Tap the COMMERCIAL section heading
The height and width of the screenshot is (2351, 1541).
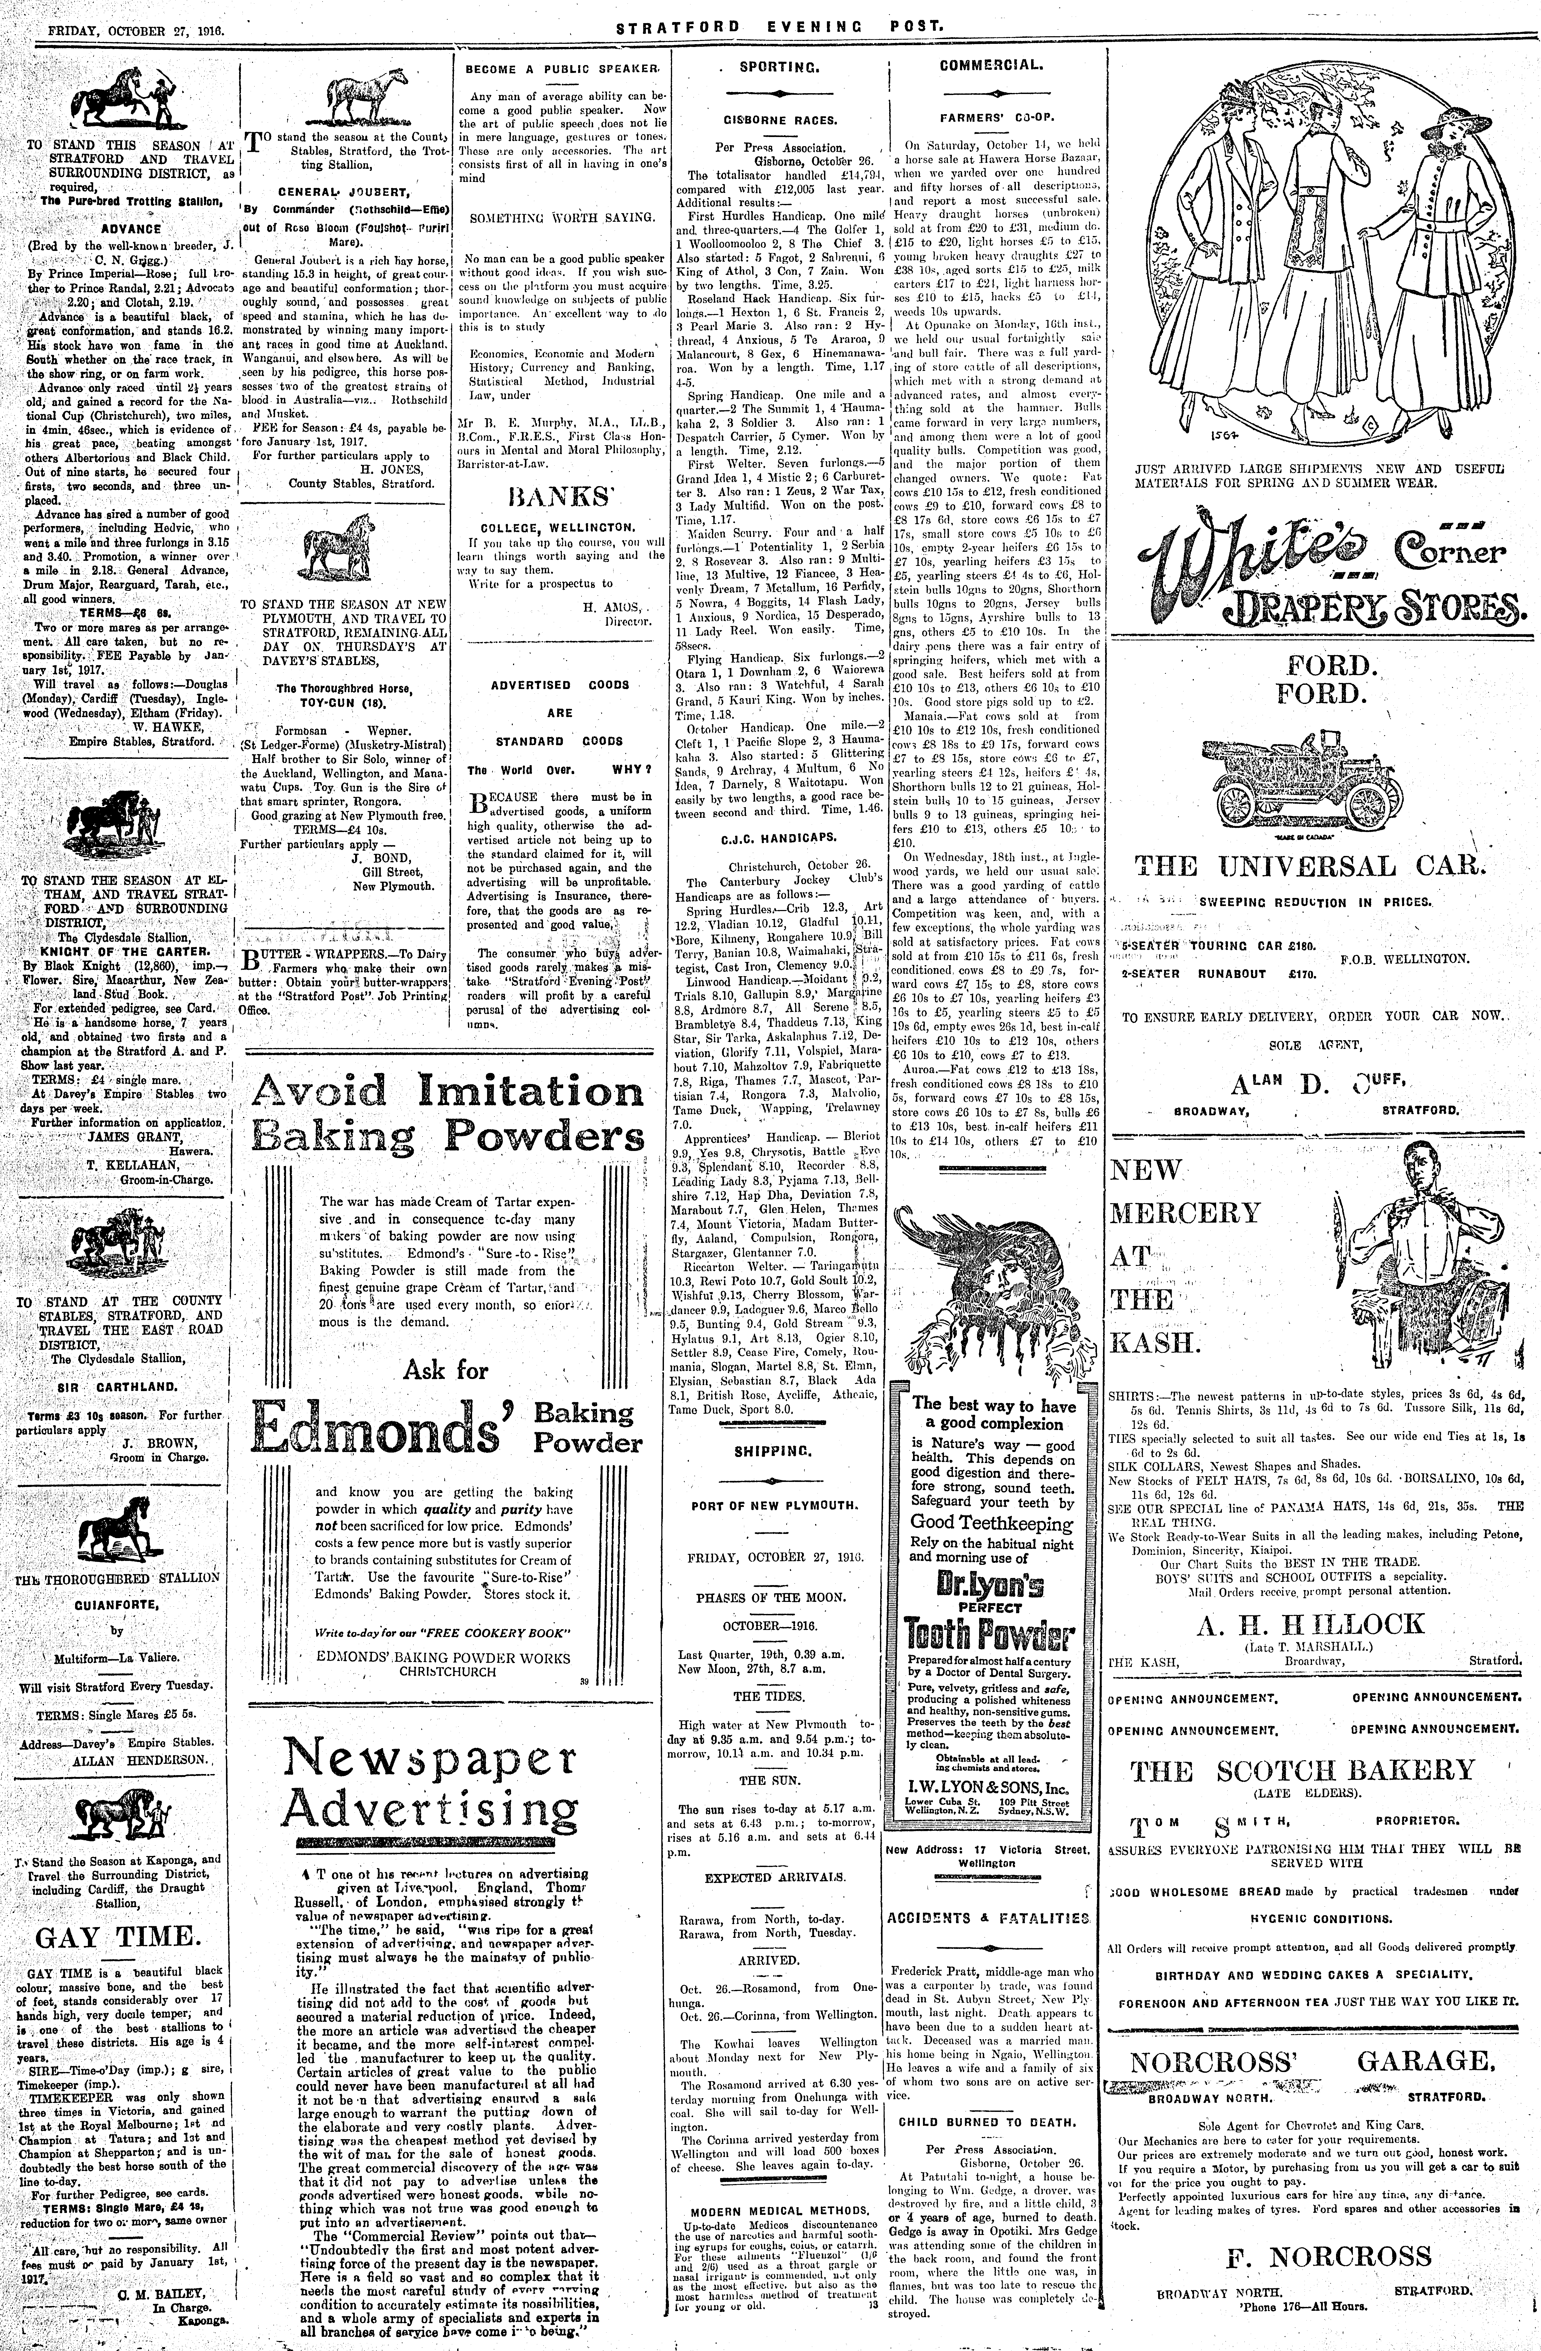point(990,66)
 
